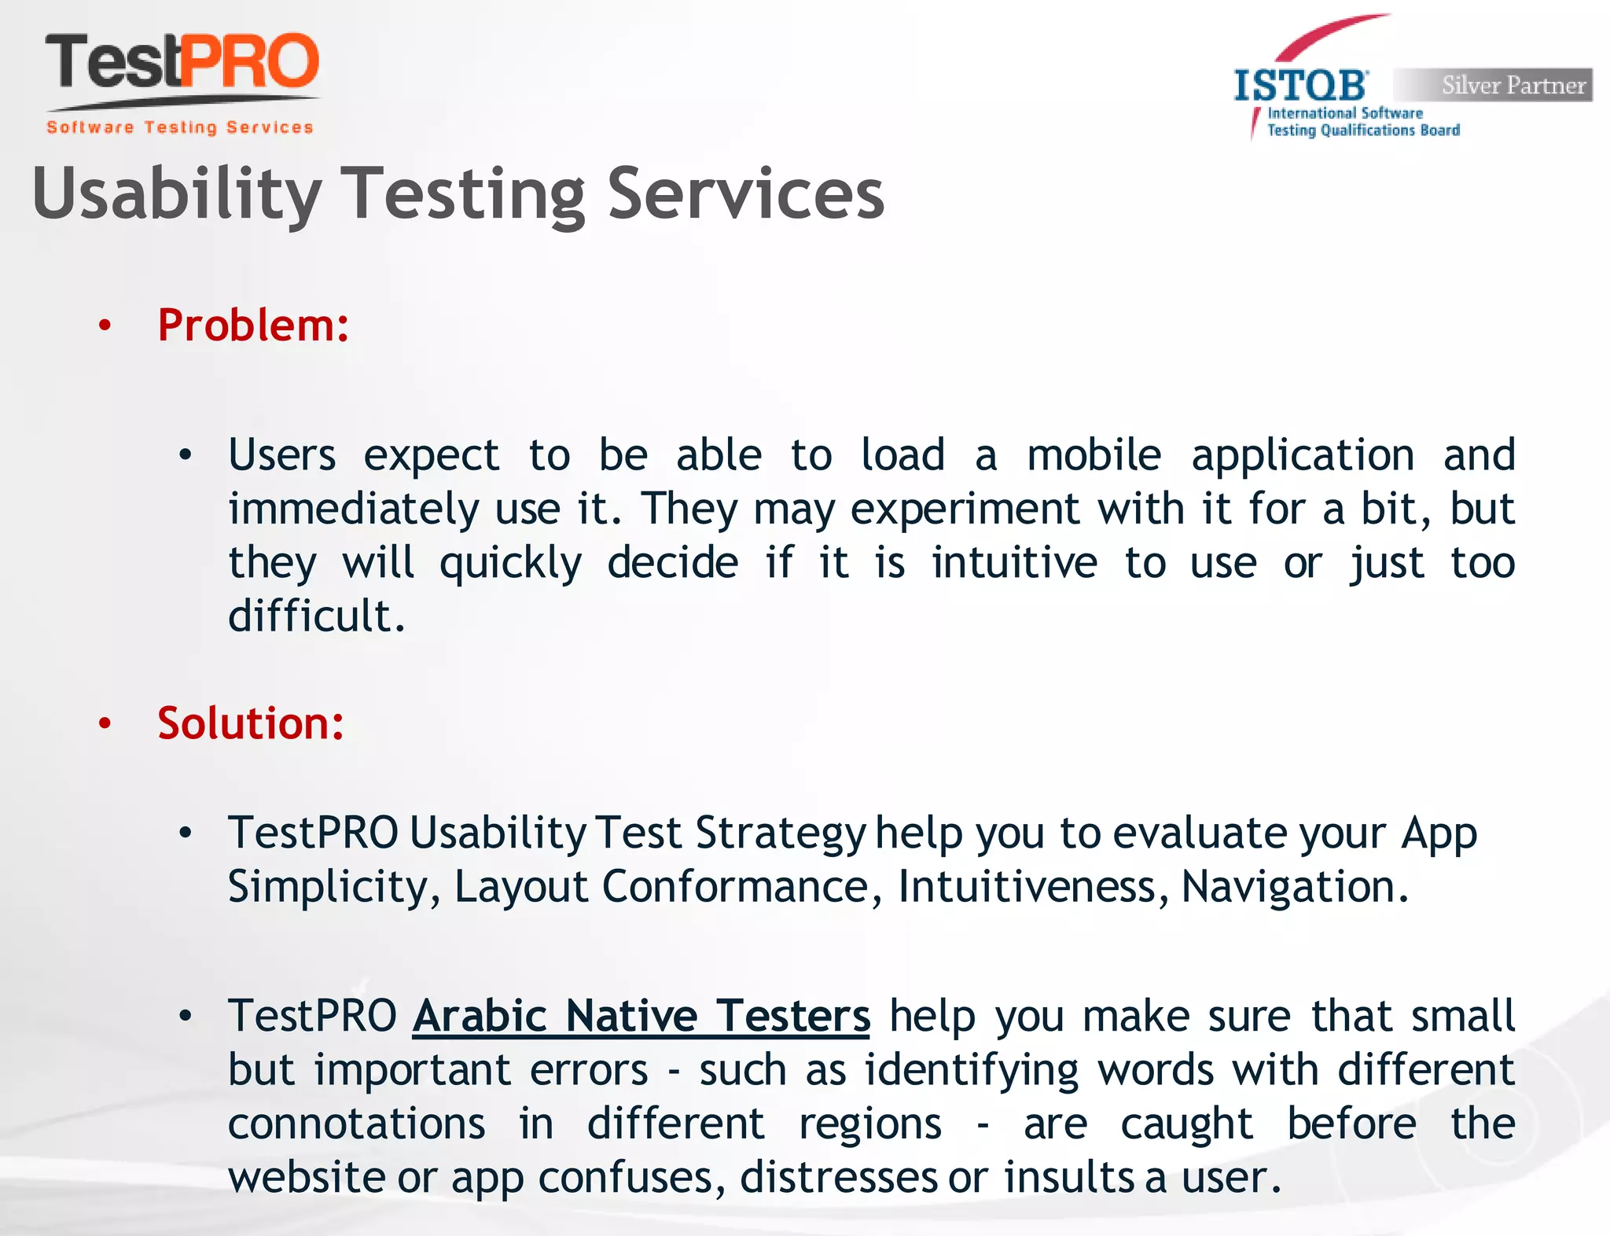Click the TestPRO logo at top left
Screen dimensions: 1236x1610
click(182, 63)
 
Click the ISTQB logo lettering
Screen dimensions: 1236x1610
click(1300, 86)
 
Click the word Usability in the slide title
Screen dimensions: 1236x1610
click(177, 194)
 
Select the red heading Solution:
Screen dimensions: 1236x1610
click(251, 723)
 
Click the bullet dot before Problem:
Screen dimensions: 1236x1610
click(105, 326)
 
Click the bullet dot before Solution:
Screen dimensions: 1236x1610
click(105, 724)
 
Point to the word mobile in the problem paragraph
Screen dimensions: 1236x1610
click(1094, 455)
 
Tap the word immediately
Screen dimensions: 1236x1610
click(353, 509)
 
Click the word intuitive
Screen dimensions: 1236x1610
click(1014, 563)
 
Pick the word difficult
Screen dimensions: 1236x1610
click(316, 616)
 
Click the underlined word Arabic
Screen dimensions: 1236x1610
click(480, 1016)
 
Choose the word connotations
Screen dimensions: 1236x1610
click(356, 1124)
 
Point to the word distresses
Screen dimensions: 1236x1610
click(838, 1177)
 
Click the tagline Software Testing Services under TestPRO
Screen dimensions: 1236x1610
click(180, 127)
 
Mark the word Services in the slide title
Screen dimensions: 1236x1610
click(746, 194)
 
